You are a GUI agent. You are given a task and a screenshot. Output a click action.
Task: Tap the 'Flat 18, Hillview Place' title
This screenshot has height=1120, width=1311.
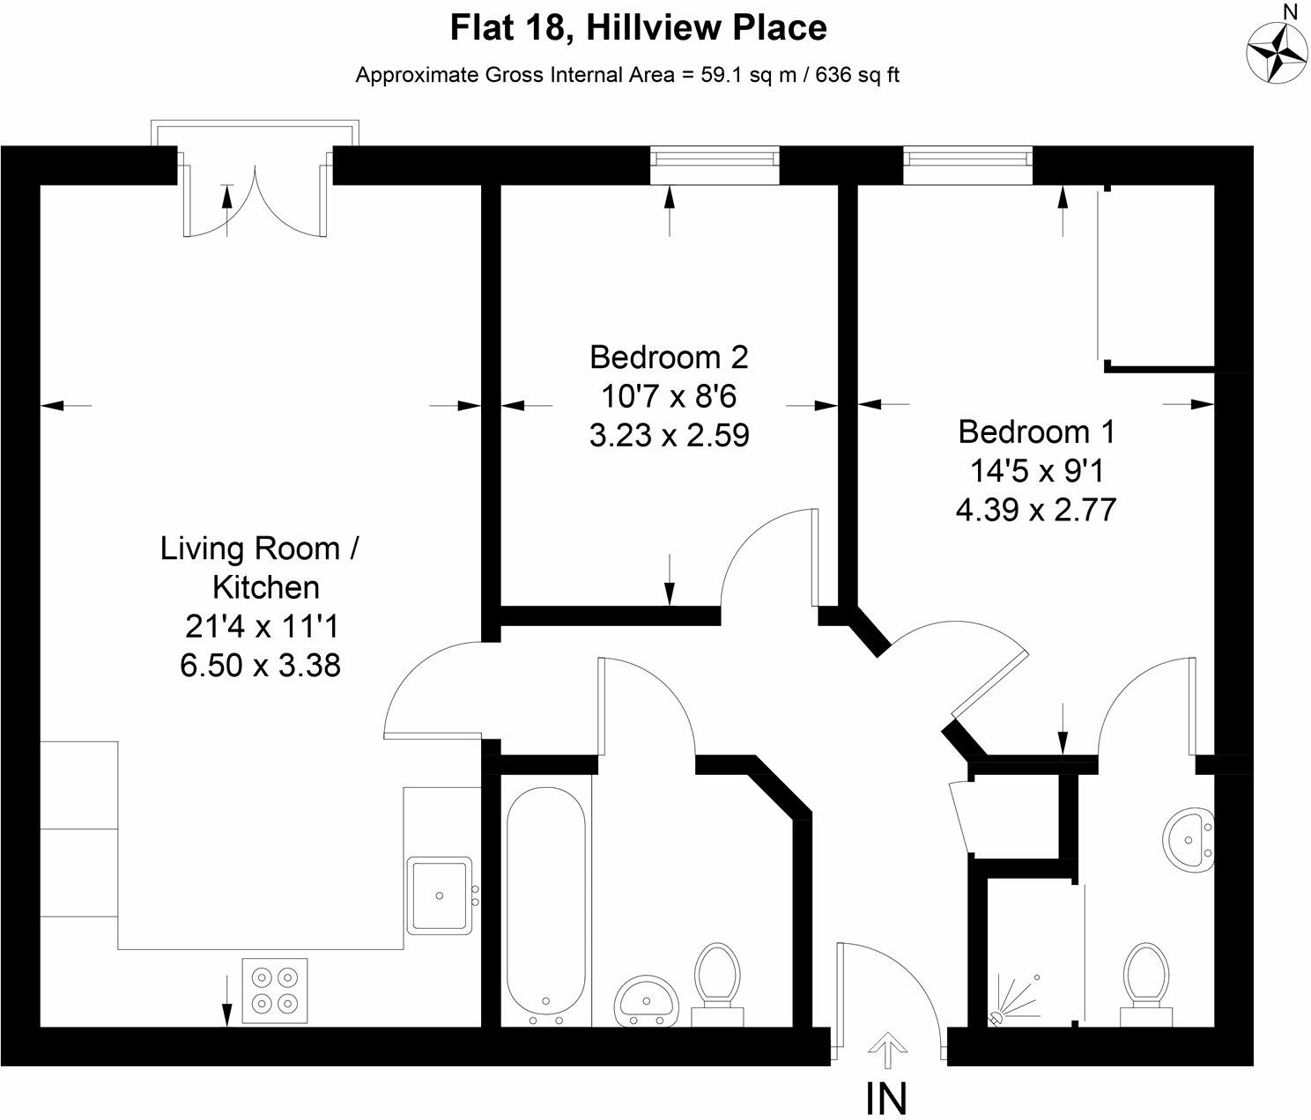point(638,28)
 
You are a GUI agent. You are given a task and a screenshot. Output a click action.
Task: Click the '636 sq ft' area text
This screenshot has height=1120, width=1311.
point(857,75)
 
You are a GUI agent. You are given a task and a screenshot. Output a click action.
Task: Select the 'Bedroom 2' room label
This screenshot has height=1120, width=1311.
point(669,357)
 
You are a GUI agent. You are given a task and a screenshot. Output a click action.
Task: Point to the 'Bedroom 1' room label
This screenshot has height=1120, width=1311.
point(1036,431)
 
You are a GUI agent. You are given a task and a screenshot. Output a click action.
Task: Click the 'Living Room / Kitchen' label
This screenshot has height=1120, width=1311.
point(260,567)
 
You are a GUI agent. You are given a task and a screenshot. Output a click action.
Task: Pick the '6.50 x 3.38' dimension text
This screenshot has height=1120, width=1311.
point(260,666)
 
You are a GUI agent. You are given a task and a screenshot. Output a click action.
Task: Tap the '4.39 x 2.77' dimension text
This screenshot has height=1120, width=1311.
point(1036,510)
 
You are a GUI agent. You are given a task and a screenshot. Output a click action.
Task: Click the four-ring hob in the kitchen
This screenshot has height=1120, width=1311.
point(275,990)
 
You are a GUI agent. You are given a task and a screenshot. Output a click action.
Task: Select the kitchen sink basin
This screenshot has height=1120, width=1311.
point(440,895)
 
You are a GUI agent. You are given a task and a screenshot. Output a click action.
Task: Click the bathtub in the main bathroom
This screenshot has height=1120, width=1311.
point(546,906)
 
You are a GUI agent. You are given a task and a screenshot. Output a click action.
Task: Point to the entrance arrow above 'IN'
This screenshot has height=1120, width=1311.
point(886,1050)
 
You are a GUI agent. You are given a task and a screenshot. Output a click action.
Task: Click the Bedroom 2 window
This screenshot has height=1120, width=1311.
point(715,166)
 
